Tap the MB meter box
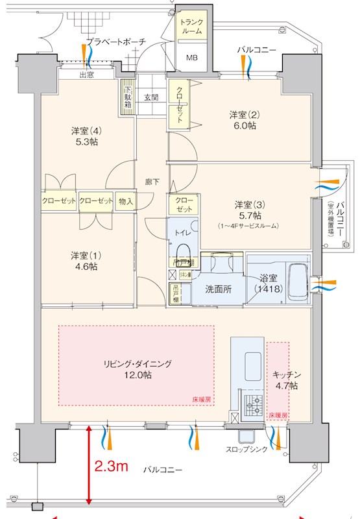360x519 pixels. click(x=193, y=58)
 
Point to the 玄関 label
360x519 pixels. click(x=151, y=97)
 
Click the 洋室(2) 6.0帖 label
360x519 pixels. click(x=243, y=120)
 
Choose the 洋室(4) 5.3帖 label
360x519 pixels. click(x=84, y=136)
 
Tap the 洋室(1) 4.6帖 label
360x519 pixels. click(x=84, y=260)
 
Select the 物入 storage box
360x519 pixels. click(x=126, y=201)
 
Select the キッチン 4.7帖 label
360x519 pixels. click(x=285, y=380)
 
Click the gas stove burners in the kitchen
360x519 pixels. click(x=253, y=405)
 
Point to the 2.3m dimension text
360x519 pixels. click(x=111, y=466)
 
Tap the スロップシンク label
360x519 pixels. click(x=246, y=449)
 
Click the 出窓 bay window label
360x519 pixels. click(x=86, y=75)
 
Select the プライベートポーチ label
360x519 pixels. click(x=116, y=42)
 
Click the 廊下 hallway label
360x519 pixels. click(x=152, y=182)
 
